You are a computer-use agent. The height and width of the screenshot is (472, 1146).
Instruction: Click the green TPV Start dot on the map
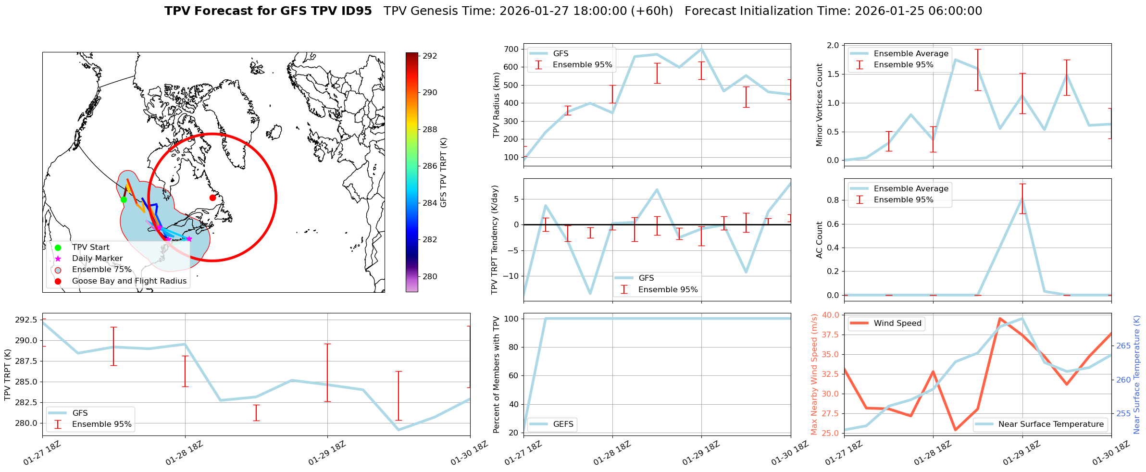point(124,199)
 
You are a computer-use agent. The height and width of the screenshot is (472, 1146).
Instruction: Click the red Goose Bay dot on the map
point(212,198)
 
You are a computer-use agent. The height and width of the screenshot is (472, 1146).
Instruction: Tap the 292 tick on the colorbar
point(430,56)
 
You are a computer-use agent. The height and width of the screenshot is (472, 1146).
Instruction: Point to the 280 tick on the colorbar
point(430,276)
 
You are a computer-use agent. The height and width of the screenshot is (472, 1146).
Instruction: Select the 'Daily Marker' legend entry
point(97,259)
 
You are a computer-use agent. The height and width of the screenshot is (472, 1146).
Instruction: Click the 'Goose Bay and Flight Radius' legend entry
point(129,281)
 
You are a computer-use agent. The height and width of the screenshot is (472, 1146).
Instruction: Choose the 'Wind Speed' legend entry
point(897,323)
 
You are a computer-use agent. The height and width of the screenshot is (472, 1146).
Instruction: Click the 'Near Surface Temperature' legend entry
point(1051,424)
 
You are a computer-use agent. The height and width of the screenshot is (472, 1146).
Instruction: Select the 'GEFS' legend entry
point(563,424)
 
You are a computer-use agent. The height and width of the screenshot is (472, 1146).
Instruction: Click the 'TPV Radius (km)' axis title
point(497,105)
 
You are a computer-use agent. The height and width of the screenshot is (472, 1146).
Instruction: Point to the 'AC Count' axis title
point(819,240)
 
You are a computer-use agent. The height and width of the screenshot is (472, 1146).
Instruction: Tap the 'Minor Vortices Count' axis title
point(819,105)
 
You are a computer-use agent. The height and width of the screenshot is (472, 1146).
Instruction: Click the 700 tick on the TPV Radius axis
point(511,49)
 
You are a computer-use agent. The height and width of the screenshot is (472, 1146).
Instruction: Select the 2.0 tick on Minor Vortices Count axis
point(833,46)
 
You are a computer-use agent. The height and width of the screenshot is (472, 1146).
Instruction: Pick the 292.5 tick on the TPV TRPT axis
point(26,320)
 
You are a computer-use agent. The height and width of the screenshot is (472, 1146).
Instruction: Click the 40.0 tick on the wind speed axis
point(831,315)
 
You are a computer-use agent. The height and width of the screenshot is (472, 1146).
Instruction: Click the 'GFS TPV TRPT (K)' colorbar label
point(443,172)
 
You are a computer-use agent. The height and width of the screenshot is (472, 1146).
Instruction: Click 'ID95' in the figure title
point(356,11)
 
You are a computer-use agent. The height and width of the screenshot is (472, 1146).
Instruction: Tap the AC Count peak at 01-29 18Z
point(1022,199)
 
